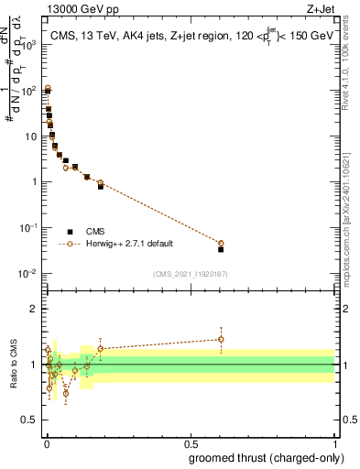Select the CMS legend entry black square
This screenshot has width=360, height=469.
[71, 232]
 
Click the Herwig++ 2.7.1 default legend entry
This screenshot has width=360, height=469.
[128, 244]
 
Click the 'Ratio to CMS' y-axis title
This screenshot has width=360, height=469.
[12, 365]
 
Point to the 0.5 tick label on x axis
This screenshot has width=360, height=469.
[191, 443]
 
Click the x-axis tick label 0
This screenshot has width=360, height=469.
[47, 443]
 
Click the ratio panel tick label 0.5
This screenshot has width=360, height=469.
[29, 420]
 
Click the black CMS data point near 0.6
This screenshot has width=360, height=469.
[221, 248]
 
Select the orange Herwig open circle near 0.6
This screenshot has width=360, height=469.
[221, 243]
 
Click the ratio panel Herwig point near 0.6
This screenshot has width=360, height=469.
[221, 339]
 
